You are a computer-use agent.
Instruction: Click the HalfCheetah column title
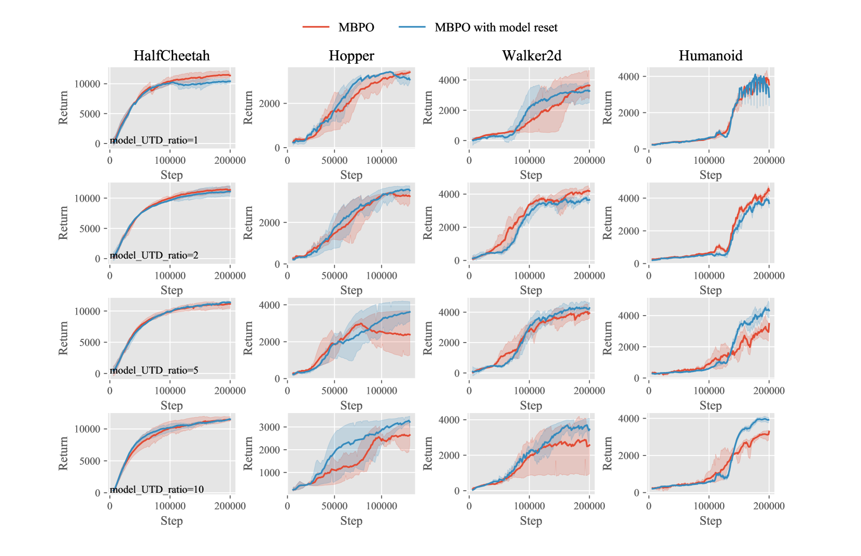(x=172, y=55)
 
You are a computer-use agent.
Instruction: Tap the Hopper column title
(x=351, y=55)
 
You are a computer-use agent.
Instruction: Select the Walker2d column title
(x=531, y=55)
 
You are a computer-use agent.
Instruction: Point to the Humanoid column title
(x=710, y=55)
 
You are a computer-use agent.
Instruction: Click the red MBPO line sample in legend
(x=316, y=27)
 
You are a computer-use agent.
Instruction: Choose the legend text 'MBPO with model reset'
(x=496, y=27)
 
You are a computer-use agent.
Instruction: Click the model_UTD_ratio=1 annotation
(x=154, y=140)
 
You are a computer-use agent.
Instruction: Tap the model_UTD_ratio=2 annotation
(x=154, y=255)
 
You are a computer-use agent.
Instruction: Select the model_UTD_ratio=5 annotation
(x=154, y=370)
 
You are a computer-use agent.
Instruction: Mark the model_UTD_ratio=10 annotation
(x=157, y=489)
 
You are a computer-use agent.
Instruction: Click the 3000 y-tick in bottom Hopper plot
(x=269, y=427)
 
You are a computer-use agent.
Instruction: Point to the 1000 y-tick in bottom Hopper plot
(x=269, y=473)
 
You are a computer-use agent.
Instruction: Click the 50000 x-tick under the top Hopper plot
(x=334, y=161)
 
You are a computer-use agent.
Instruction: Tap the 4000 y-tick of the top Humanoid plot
(x=628, y=77)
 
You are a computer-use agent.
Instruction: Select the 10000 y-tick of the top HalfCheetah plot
(x=87, y=84)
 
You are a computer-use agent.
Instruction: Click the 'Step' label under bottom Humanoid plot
(x=710, y=521)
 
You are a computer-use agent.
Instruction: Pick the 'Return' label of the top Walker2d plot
(x=428, y=108)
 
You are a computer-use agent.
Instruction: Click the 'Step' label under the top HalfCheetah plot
(x=172, y=175)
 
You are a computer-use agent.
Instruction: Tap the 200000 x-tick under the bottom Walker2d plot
(x=589, y=506)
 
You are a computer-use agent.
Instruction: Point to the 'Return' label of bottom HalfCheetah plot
(x=63, y=453)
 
